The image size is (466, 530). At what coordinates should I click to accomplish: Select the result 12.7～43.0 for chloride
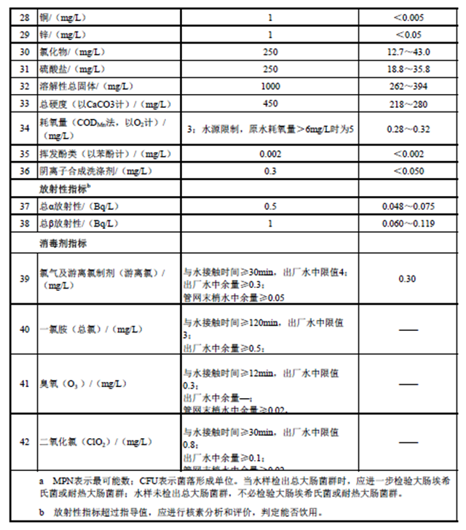pos(411,52)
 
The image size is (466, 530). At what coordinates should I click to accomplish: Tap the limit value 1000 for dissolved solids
pos(270,85)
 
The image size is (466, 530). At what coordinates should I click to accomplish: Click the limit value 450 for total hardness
pos(270,102)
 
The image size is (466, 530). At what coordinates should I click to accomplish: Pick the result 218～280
pos(411,102)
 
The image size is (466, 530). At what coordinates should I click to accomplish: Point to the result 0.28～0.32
pos(411,128)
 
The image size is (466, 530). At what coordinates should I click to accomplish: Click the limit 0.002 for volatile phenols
pos(270,154)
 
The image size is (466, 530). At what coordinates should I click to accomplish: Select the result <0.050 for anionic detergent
pos(411,171)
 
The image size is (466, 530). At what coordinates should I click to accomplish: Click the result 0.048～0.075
pos(411,206)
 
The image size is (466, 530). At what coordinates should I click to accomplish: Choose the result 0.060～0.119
pos(411,222)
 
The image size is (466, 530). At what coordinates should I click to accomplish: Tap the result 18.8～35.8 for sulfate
pos(411,69)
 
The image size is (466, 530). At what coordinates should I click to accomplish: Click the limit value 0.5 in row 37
pos(270,206)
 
